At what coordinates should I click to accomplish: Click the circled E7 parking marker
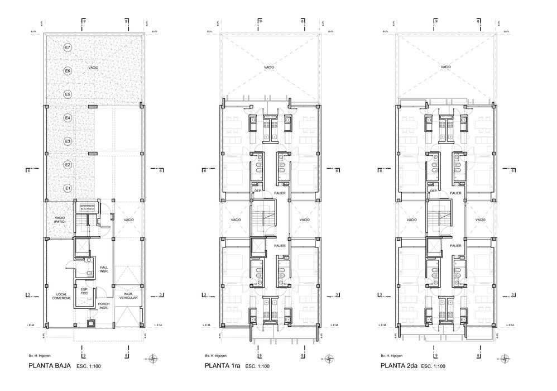click(67, 47)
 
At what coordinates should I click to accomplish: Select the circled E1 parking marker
click(67, 188)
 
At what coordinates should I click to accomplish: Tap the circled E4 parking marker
click(67, 118)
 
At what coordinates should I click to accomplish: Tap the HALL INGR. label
click(104, 270)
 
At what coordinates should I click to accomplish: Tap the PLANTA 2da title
click(399, 366)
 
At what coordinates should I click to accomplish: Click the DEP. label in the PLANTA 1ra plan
click(258, 191)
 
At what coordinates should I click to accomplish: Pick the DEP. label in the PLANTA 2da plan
click(433, 191)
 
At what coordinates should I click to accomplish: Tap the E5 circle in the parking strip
click(67, 94)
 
